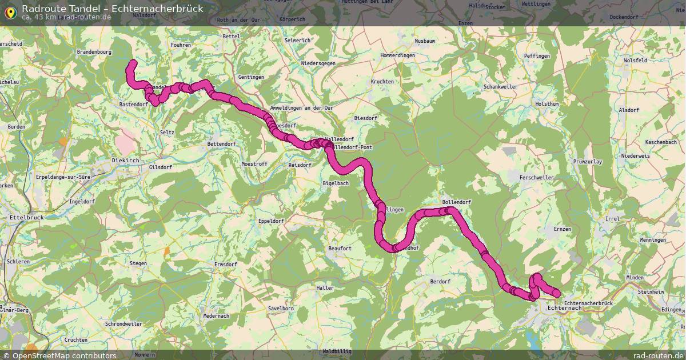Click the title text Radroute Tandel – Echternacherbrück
point(112,9)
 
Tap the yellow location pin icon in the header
point(10,12)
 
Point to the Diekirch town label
point(125,161)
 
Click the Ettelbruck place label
point(23,218)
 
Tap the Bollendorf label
point(456,203)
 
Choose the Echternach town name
point(564,309)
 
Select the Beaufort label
point(340,249)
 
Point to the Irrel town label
point(612,219)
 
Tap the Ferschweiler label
point(536,178)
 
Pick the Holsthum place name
point(547,104)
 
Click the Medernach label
point(216,316)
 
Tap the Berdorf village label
point(440,282)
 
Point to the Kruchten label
point(382,82)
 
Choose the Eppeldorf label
point(271,221)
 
